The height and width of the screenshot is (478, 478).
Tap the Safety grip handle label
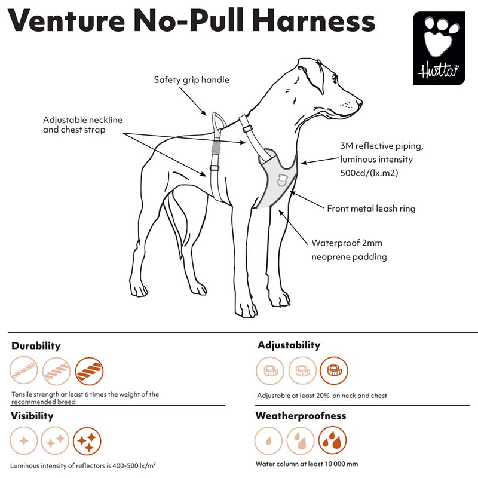click(x=191, y=79)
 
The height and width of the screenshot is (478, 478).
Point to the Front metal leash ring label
click(x=371, y=209)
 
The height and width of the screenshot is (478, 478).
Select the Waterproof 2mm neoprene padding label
click(x=350, y=250)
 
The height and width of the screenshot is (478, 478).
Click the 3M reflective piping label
click(x=376, y=160)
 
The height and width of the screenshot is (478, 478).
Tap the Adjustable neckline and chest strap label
click(x=82, y=124)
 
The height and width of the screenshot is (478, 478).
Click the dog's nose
click(x=359, y=102)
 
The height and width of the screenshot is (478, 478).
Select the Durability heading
click(x=36, y=345)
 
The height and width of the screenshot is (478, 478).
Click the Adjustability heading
click(x=289, y=345)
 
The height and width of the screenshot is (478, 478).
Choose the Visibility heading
click(x=32, y=415)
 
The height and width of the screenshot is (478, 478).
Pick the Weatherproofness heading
click(x=301, y=415)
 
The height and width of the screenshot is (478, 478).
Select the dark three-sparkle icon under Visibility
click(x=88, y=442)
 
